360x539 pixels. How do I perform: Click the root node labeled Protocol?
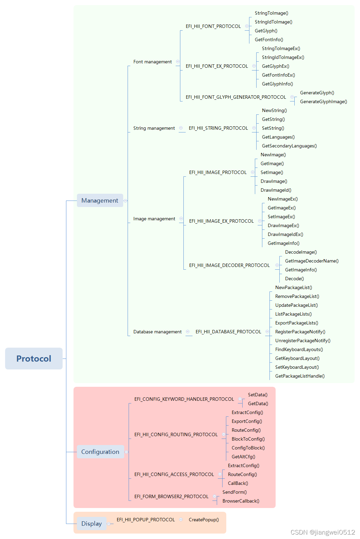(34, 359)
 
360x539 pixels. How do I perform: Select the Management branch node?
(100, 201)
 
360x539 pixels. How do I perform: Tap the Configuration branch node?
(100, 452)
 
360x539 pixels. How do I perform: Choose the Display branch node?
(92, 524)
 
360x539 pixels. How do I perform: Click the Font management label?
(152, 62)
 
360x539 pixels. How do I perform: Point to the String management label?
(154, 128)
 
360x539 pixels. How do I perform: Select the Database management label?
(157, 332)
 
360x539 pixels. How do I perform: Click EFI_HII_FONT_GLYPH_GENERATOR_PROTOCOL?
(236, 97)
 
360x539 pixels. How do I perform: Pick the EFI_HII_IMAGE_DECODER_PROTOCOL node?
(229, 266)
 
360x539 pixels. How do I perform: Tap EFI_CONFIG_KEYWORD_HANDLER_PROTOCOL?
(184, 399)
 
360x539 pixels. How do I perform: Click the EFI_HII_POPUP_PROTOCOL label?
(146, 520)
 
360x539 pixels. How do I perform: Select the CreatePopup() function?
(203, 520)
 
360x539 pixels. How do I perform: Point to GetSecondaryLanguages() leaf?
(289, 146)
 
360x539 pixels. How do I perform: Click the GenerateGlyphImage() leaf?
(323, 102)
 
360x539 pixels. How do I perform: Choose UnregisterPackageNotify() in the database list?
(302, 341)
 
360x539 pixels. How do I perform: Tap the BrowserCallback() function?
(241, 501)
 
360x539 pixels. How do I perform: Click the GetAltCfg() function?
(243, 457)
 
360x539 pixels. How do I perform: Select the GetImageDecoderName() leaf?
(312, 261)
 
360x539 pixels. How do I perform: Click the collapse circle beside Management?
(126, 201)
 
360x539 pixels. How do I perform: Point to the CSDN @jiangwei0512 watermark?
(323, 532)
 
